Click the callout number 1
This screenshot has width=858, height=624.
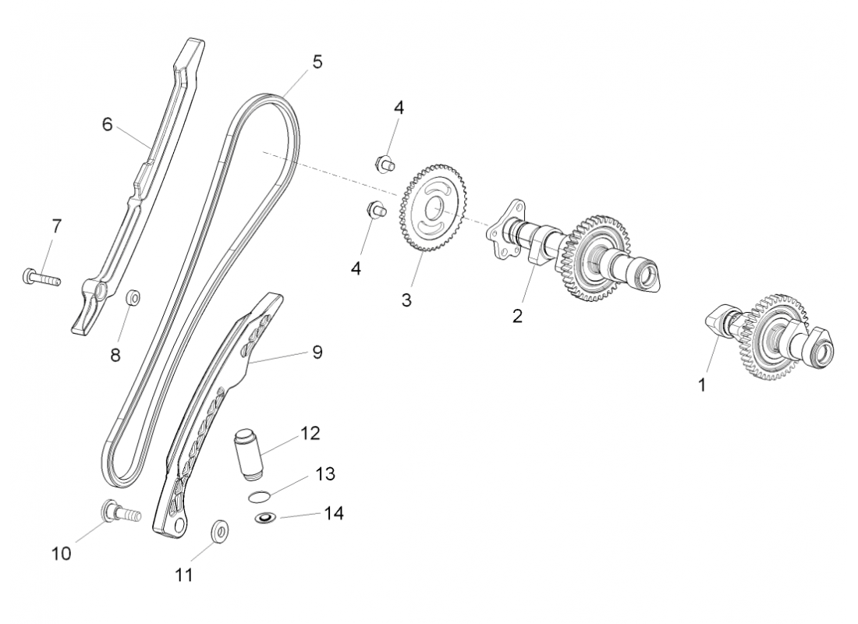[701, 385]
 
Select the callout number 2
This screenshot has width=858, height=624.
[516, 316]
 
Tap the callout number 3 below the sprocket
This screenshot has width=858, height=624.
[406, 300]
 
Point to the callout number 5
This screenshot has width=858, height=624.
[317, 62]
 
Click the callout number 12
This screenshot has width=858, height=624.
[310, 433]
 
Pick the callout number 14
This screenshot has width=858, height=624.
[333, 513]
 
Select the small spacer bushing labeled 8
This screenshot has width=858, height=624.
[134, 298]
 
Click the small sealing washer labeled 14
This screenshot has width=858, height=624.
[266, 518]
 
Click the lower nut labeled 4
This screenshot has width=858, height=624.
[376, 209]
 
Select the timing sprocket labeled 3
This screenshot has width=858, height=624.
[428, 207]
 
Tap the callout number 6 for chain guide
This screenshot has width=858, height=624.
[108, 123]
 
